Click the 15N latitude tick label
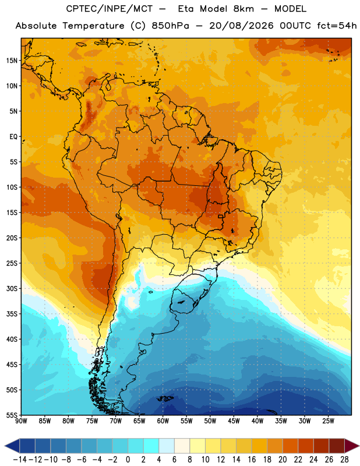click(12, 61)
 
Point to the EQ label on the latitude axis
click(13, 137)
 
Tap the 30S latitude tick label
click(12, 288)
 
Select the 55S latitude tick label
click(12, 415)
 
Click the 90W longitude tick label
click(21, 421)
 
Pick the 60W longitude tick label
click(163, 421)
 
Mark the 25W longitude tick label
click(328, 421)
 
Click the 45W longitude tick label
click(234, 421)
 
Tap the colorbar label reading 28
click(344, 460)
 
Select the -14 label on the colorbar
click(20, 460)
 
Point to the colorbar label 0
click(128, 460)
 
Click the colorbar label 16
click(252, 460)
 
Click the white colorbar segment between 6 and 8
click(182, 446)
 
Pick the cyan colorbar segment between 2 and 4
click(151, 446)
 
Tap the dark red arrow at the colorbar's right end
click(352, 446)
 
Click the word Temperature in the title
click(93, 26)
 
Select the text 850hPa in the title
click(170, 26)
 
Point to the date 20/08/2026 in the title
click(241, 26)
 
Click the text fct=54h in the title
click(337, 26)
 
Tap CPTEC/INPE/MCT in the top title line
click(110, 9)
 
